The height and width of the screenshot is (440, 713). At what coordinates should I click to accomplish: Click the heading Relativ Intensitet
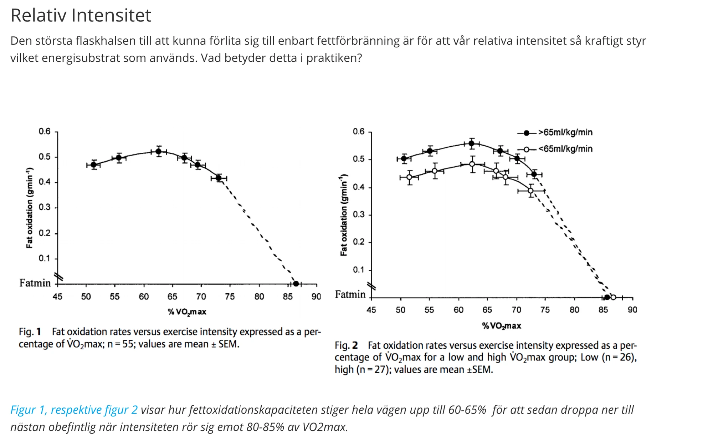[81, 15]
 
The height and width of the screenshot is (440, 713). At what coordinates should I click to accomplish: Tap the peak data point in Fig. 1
[159, 151]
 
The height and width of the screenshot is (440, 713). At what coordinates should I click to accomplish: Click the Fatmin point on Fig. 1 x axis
[296, 284]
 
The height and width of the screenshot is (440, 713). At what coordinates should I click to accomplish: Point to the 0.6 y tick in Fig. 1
[45, 131]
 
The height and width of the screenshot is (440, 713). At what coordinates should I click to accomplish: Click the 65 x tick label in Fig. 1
[172, 297]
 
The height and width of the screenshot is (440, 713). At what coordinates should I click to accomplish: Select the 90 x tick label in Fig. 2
[632, 310]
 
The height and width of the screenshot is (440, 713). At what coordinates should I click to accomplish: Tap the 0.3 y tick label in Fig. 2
[359, 214]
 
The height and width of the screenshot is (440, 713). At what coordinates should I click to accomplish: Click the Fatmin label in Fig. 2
[350, 294]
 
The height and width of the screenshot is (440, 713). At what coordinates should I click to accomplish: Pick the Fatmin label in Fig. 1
[35, 283]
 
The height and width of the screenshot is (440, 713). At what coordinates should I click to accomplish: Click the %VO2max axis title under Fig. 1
[187, 312]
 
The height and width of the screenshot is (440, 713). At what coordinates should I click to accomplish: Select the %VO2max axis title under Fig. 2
[502, 326]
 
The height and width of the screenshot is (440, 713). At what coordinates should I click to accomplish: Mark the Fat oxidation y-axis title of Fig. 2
[343, 215]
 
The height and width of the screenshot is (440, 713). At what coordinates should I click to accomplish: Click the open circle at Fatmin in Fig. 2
[613, 297]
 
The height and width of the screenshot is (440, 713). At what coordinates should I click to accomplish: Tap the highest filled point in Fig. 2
[472, 143]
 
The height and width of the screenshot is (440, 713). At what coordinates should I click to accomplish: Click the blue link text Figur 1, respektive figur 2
[74, 410]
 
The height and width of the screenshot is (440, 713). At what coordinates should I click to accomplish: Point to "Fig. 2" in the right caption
[346, 345]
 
